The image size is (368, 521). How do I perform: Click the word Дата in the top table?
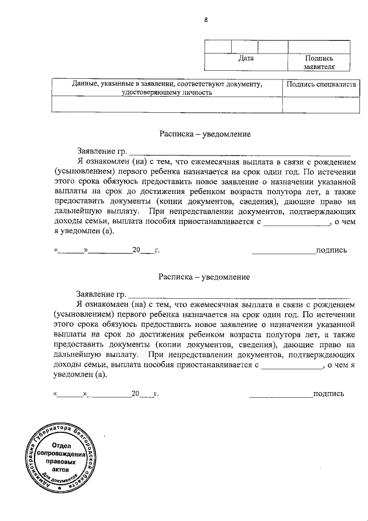[246, 58]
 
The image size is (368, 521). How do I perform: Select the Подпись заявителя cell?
[319, 62]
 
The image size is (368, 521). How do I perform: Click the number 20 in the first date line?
[136, 250]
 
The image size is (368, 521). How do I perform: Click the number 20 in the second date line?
[135, 394]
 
